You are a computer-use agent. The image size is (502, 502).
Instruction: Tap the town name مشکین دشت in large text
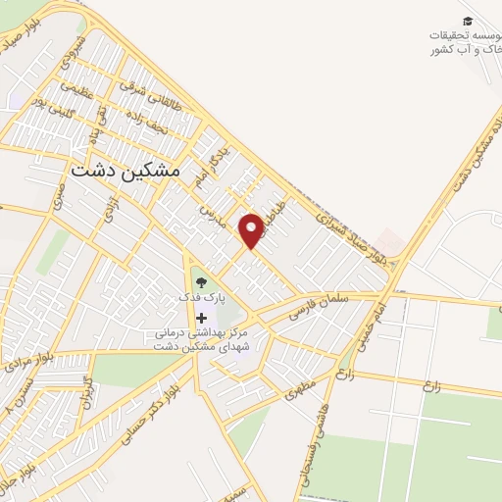coord(126,169)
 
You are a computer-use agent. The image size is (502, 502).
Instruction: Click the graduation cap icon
coord(468,20)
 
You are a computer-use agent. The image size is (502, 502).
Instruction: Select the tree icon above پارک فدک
coord(202,283)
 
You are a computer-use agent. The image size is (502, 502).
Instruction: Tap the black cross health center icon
coord(202,318)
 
